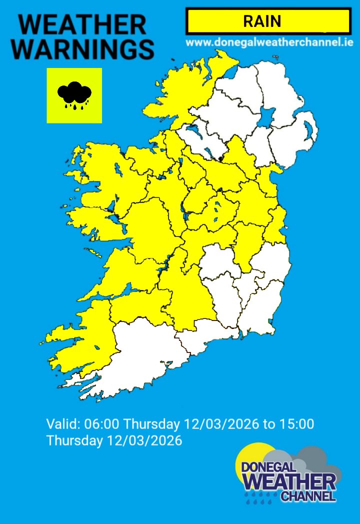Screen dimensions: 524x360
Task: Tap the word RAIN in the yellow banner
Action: [262, 21]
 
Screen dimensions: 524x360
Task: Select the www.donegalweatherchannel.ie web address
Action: [269, 42]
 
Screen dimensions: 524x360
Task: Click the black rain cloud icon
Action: [74, 95]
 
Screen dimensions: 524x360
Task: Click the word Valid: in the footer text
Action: [63, 424]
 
